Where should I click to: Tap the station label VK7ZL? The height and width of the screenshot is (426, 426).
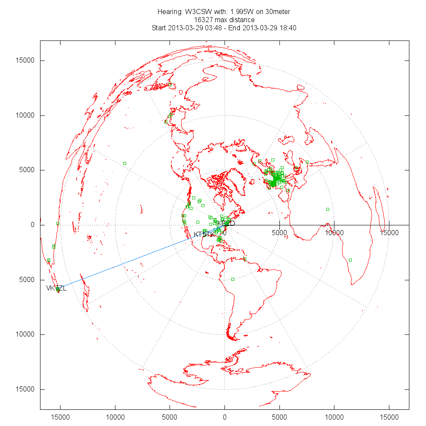56,288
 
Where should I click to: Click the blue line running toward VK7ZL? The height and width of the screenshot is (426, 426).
128,262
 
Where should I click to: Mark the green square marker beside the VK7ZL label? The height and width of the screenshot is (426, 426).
58,289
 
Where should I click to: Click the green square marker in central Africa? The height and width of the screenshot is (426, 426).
328,209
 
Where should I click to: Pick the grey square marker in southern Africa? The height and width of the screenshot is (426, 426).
350,260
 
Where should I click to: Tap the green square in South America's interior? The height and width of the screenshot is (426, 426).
233,279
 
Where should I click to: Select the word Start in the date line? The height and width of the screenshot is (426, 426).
160,28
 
